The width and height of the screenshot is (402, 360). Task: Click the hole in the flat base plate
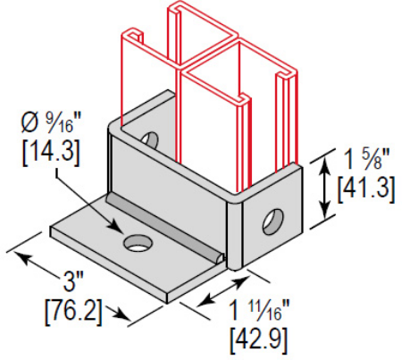click(x=138, y=243)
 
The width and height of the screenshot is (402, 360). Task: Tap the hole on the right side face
click(x=272, y=222)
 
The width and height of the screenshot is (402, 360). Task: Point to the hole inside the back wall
click(x=150, y=139)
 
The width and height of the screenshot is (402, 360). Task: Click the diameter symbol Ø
click(x=30, y=123)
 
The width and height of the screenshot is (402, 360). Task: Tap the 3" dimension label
click(x=73, y=281)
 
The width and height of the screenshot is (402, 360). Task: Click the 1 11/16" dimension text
click(x=260, y=310)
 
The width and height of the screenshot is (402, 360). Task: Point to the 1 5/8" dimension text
click(x=366, y=160)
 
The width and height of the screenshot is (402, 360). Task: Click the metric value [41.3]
click(x=366, y=188)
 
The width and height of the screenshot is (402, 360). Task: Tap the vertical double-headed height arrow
click(x=325, y=188)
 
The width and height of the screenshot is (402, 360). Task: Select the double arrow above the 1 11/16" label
click(x=223, y=291)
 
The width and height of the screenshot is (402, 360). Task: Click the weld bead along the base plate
click(x=165, y=227)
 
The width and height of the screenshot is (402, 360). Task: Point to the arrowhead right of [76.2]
click(x=122, y=314)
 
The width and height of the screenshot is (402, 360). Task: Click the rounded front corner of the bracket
click(x=235, y=232)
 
